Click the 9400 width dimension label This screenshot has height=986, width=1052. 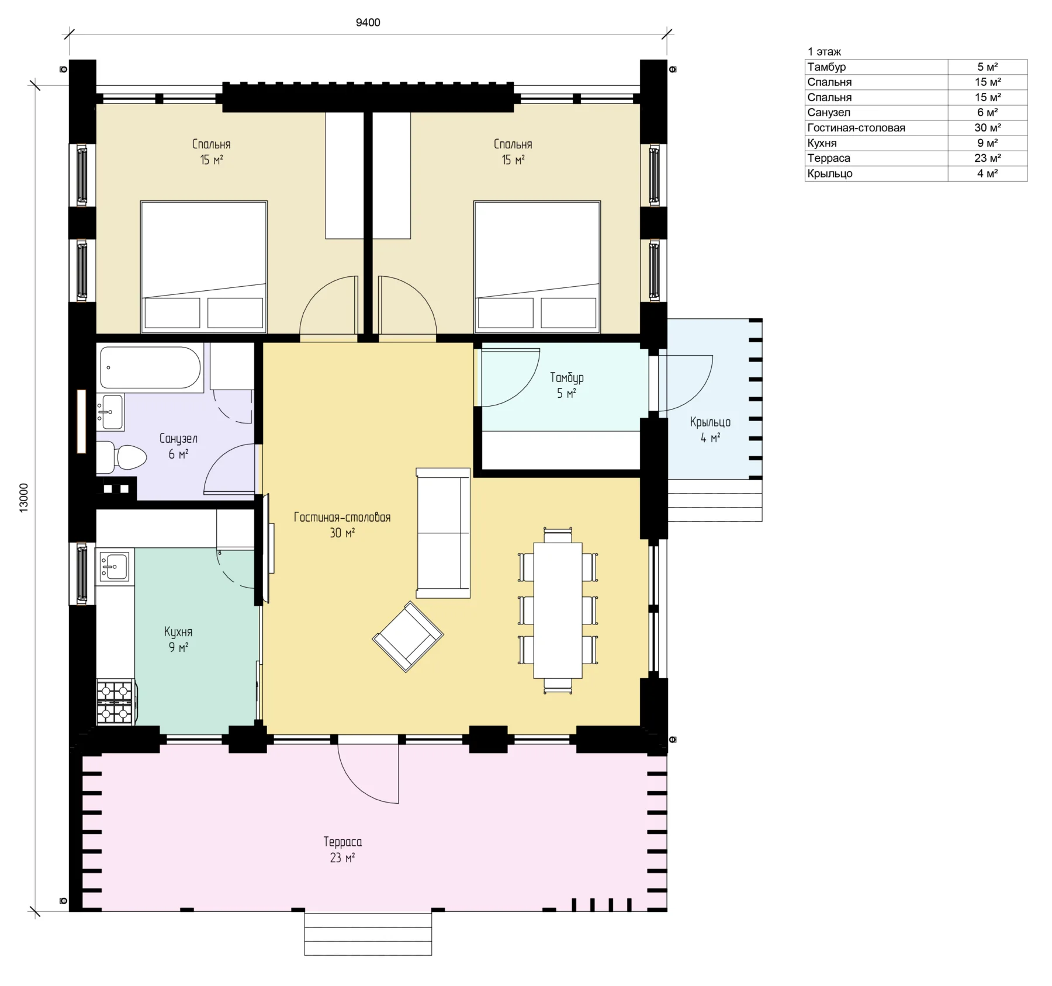(368, 23)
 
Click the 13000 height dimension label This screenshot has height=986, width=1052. (24, 498)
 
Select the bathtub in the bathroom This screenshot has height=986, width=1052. (151, 368)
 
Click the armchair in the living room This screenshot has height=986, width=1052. (408, 637)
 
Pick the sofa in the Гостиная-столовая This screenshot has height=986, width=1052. (443, 533)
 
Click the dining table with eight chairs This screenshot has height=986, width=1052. (558, 610)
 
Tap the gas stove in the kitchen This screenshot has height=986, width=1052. (115, 702)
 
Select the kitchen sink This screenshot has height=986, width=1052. (115, 565)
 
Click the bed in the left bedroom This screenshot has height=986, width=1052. (203, 267)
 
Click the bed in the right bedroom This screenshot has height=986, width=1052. (537, 267)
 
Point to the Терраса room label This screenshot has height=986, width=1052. (342, 842)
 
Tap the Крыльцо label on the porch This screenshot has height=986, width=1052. (710, 422)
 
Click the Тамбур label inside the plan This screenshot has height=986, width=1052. (566, 378)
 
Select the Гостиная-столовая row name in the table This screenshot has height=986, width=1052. (856, 128)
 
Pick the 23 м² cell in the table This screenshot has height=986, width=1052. (987, 158)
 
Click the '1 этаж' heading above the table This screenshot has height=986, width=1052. (824, 52)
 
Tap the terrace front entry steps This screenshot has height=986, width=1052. (368, 933)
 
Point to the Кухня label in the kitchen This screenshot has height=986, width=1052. (178, 631)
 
